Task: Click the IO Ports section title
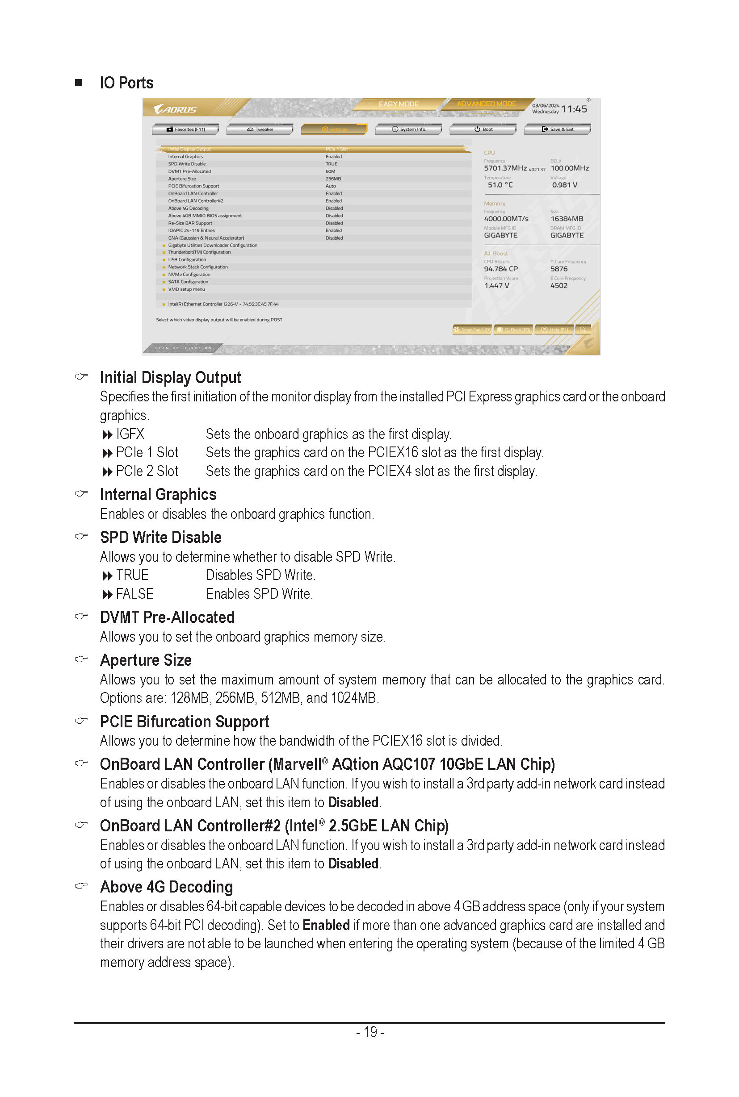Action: coord(126,83)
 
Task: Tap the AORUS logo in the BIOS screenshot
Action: coord(175,109)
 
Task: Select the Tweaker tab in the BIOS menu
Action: coord(260,129)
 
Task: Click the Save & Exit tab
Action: coord(558,129)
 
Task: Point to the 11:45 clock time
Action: coord(574,109)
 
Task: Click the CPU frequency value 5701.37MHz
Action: coord(505,168)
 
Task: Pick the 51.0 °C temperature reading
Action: coord(500,185)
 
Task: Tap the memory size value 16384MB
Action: coord(567,219)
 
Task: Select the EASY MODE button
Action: coord(399,104)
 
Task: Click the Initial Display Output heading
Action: coord(170,377)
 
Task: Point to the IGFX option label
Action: coord(130,434)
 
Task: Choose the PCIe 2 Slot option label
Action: coord(147,471)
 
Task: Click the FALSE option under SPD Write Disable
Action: coord(135,594)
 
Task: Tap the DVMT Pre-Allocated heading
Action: coord(167,617)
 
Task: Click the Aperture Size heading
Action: coord(146,660)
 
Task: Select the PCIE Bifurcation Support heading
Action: coord(184,722)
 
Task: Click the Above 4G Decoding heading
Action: coord(166,887)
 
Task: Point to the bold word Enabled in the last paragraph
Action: coord(326,925)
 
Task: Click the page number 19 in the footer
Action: coord(370,1032)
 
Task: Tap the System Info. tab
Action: coord(409,129)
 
